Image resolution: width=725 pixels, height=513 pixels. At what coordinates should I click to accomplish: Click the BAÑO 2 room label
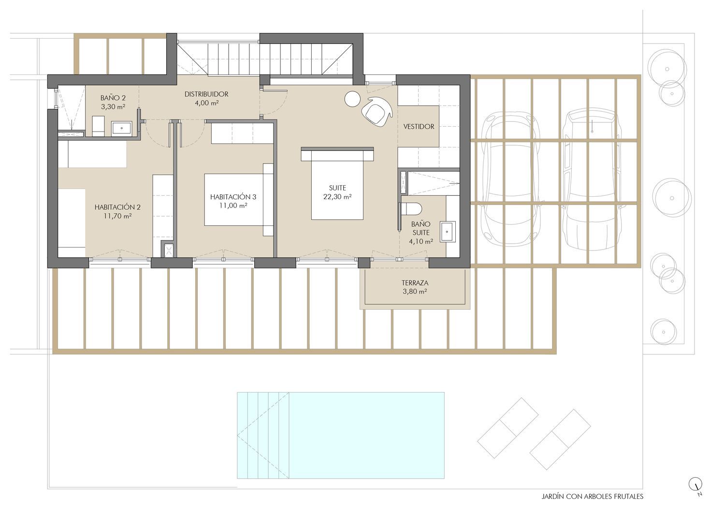coord(113,98)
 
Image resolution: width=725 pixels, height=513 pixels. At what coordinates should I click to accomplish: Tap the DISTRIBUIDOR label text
coord(206,94)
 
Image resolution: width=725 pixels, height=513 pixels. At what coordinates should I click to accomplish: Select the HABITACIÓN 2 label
coord(117,207)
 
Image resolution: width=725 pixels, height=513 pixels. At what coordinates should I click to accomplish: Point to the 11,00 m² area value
coord(233,205)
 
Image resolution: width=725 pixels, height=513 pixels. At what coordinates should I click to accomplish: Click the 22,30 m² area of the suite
coord(337,197)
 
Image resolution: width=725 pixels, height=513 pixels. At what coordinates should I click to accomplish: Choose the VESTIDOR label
coord(419,127)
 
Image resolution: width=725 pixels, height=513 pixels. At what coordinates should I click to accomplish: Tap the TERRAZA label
coord(415,283)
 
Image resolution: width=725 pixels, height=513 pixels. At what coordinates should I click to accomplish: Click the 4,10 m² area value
coord(421,241)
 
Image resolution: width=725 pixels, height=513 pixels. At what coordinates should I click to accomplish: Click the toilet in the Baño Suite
coord(410,209)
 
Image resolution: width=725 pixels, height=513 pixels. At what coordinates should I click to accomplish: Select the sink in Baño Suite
coord(448,232)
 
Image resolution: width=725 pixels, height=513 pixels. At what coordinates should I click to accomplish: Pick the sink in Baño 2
coord(121,128)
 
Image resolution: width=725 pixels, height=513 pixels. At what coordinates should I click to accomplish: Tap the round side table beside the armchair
coord(352,99)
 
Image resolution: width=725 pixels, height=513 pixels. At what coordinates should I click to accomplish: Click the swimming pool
coord(340,435)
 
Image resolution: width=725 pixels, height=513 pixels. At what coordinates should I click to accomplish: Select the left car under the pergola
coord(511,179)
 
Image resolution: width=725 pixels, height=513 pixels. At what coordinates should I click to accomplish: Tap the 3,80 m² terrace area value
coord(415,292)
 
